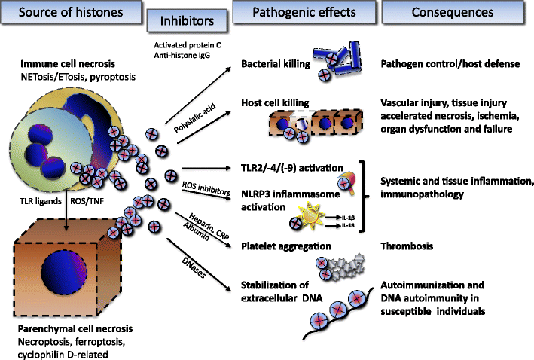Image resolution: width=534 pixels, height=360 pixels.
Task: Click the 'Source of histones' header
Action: click(x=61, y=14)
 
